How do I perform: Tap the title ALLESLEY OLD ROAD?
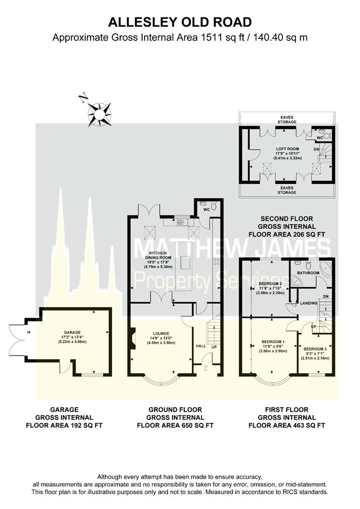[180, 23]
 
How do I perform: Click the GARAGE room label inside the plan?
[72, 332]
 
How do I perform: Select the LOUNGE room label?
[161, 333]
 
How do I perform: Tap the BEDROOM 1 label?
[273, 342]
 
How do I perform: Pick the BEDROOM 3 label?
[315, 349]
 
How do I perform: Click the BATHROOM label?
[308, 273]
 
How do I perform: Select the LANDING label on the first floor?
[308, 303]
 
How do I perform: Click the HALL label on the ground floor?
[201, 346]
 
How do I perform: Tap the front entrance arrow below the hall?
[206, 368]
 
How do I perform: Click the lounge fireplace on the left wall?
[133, 339]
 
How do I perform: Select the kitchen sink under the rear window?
[186, 222]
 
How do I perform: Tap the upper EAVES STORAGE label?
[287, 120]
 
